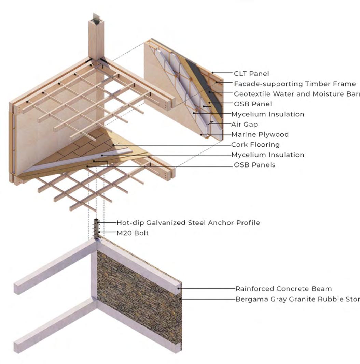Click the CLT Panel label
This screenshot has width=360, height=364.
[251, 73]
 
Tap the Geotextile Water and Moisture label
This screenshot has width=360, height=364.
[296, 94]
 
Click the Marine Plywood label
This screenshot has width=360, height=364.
[260, 134]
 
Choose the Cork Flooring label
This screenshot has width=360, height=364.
[255, 145]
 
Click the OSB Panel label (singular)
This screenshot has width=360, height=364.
[253, 104]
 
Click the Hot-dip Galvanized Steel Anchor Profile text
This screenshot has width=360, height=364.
[188, 223]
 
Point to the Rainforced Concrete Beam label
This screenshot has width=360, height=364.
[283, 289]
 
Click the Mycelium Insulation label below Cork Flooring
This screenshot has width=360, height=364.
[268, 155]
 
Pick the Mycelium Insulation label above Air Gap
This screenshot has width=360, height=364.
[268, 114]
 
